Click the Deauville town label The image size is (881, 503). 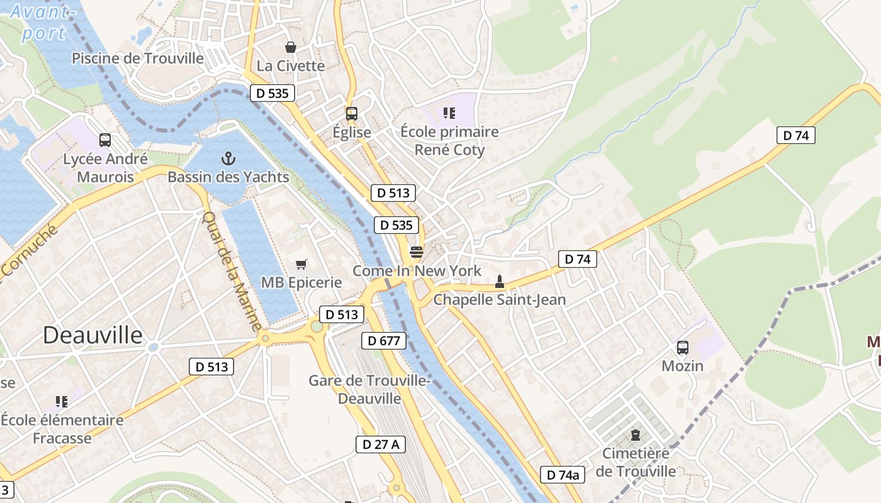(x=93, y=335)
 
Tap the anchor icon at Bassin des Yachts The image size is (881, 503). (x=228, y=158)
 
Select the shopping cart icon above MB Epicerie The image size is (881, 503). (x=301, y=264)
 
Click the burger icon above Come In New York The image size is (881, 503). (x=416, y=252)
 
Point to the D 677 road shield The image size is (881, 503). (x=383, y=341)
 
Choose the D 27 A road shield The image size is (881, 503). (x=380, y=444)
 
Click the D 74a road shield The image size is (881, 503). (x=562, y=475)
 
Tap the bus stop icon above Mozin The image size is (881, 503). (x=682, y=347)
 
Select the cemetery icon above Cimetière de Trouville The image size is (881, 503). (x=636, y=435)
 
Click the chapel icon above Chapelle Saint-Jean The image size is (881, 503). (x=500, y=281)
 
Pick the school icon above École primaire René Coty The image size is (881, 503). (x=449, y=113)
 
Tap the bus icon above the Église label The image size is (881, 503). (x=352, y=114)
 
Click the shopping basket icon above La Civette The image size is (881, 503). (x=290, y=47)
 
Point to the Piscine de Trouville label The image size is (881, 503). (x=138, y=58)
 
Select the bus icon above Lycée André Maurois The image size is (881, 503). (x=105, y=140)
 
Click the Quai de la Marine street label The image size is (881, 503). (x=231, y=271)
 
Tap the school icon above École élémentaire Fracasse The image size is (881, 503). (x=61, y=401)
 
